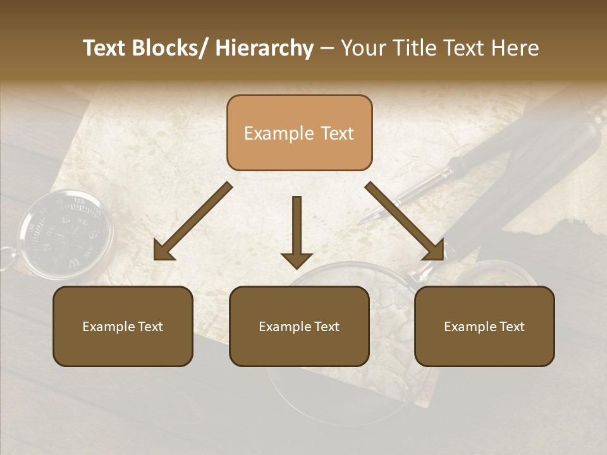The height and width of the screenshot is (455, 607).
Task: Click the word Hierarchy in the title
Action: pyautogui.click(x=264, y=49)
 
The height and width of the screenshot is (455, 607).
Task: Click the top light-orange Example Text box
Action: pyautogui.click(x=299, y=133)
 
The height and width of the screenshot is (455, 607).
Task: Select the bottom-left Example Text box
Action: pyautogui.click(x=123, y=326)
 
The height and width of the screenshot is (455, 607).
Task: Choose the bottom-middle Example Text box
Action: pyautogui.click(x=299, y=326)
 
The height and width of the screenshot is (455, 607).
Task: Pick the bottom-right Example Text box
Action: pyautogui.click(x=484, y=326)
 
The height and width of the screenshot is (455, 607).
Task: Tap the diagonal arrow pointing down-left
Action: pyautogui.click(x=193, y=221)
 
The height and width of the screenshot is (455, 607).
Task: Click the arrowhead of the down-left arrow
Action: pyautogui.click(x=162, y=252)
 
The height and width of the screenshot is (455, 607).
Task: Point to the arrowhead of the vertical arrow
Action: pyautogui.click(x=297, y=259)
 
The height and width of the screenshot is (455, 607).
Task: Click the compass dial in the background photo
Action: pyautogui.click(x=65, y=233)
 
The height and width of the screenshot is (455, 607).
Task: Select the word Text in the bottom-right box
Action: pyautogui.click(x=512, y=327)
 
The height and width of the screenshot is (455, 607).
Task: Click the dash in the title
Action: pyautogui.click(x=327, y=49)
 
